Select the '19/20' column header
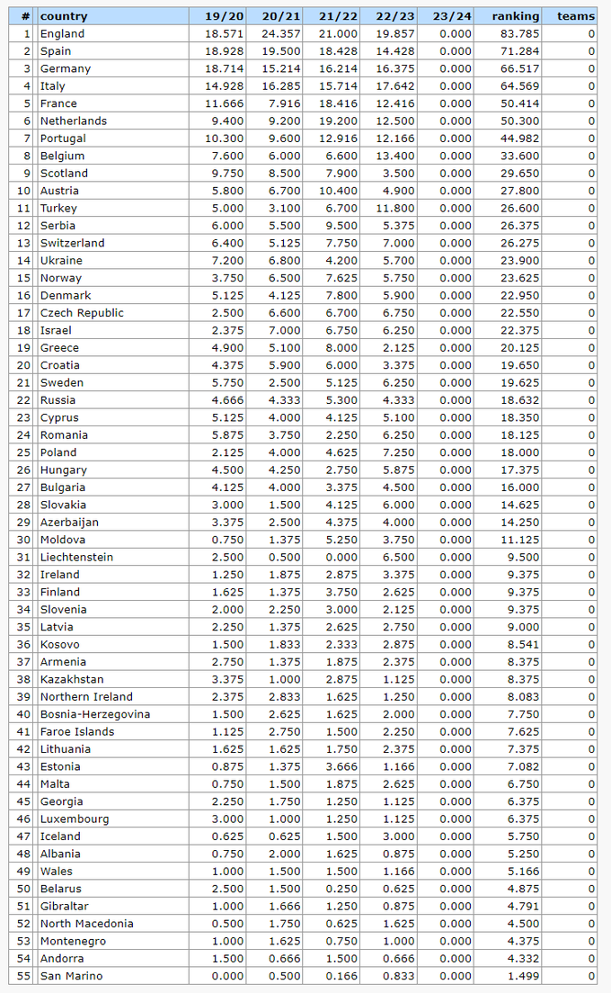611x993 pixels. (x=225, y=16)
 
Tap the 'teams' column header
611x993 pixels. (x=575, y=16)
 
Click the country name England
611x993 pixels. (x=62, y=34)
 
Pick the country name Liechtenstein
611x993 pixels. (x=76, y=557)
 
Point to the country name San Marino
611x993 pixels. (x=71, y=976)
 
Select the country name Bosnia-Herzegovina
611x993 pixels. (x=94, y=714)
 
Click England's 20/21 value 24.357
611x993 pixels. (x=281, y=34)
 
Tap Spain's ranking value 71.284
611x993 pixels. (x=521, y=51)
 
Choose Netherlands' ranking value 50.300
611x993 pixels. (x=521, y=121)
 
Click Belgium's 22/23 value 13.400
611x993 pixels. (x=396, y=156)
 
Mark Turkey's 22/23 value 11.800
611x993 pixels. (x=396, y=208)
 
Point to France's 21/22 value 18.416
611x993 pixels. (x=339, y=103)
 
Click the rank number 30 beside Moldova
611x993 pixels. (x=22, y=540)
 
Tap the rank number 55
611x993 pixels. (x=22, y=976)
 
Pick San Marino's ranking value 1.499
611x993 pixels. (x=524, y=976)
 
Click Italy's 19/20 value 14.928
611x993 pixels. (x=224, y=86)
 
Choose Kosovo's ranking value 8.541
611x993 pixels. (x=524, y=644)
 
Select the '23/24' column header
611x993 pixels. (x=451, y=16)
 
